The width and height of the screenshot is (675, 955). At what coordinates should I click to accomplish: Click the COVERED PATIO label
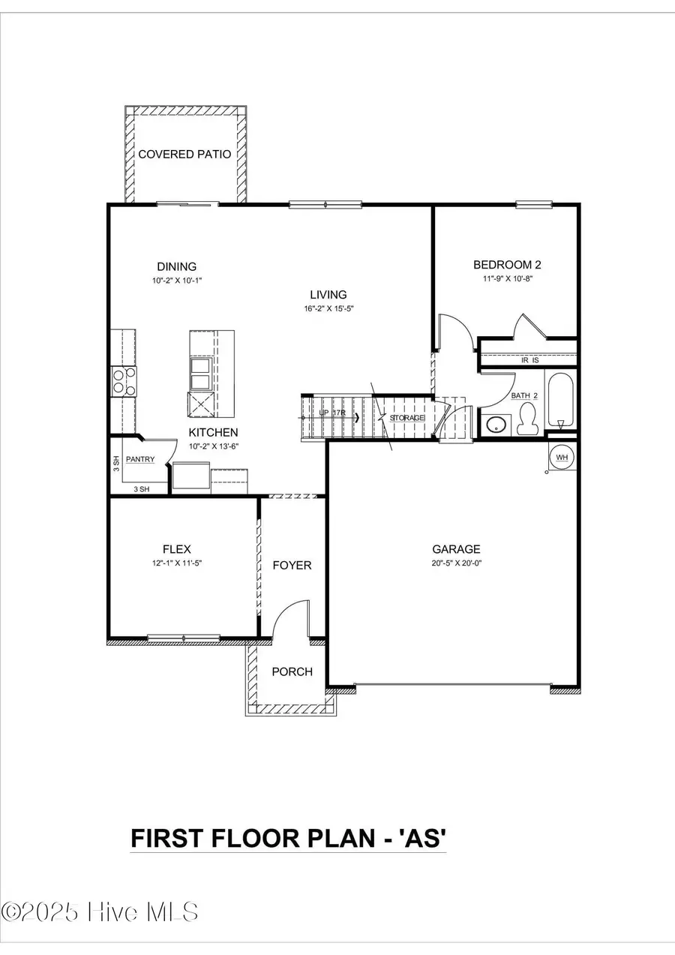184,155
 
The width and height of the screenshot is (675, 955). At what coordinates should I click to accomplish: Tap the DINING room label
176,266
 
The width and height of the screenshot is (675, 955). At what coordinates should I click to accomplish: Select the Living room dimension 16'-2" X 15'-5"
329,308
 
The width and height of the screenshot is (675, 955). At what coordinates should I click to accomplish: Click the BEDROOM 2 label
507,264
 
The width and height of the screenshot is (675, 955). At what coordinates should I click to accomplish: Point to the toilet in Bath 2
528,419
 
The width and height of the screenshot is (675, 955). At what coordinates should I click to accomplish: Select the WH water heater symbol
562,455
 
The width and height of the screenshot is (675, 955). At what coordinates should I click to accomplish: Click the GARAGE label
456,549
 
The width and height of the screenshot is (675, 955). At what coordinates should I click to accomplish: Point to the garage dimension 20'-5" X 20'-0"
456,563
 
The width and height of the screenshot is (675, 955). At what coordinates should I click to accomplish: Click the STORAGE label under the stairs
407,418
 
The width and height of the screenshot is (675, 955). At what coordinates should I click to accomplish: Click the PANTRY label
140,458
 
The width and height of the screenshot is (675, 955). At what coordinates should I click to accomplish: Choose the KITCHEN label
213,432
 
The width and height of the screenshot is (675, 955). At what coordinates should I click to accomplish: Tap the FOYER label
292,565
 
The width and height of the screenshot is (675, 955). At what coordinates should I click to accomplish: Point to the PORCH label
292,671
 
